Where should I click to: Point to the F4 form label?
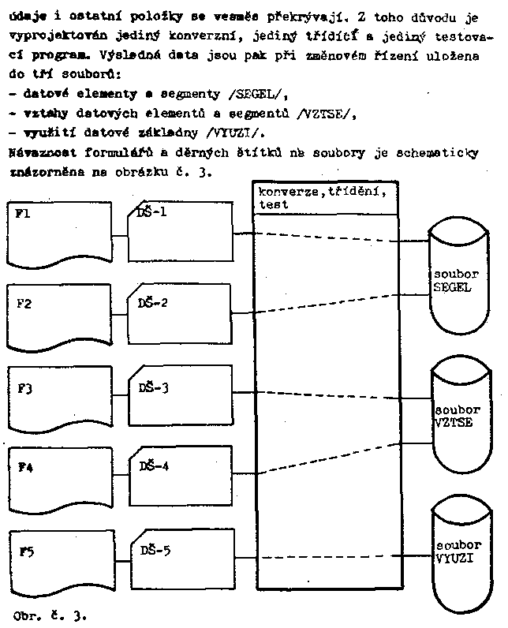pyautogui.click(x=25, y=466)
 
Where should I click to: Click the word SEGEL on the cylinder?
pyautogui.click(x=452, y=287)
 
